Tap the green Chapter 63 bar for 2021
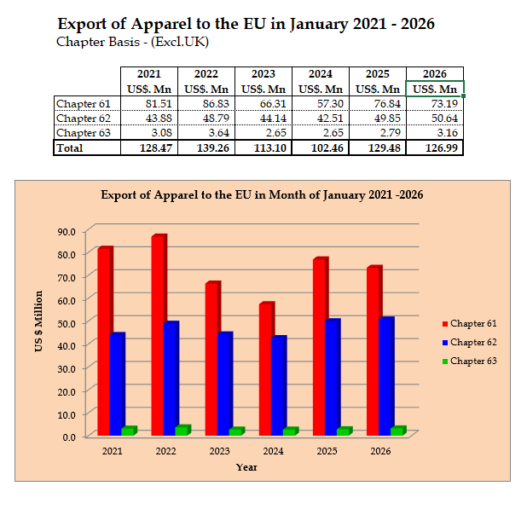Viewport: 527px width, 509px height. [x=128, y=431]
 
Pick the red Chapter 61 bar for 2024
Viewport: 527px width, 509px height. [x=265, y=369]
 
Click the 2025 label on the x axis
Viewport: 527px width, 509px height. [x=327, y=451]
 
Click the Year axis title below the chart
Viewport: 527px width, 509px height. [x=246, y=467]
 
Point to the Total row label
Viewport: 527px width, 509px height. [x=71, y=147]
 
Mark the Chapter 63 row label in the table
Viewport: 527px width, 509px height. [x=76, y=133]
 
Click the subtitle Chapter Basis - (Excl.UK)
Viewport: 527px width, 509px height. [x=132, y=41]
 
